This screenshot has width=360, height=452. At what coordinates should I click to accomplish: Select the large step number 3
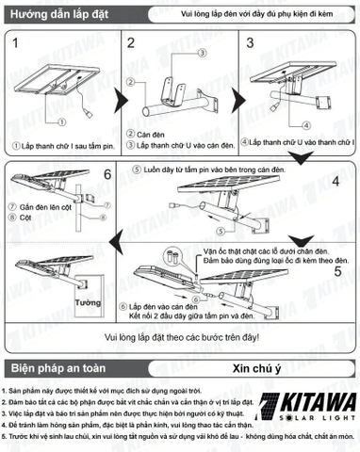(251, 44)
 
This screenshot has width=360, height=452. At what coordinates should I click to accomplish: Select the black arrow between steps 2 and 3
(235, 96)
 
